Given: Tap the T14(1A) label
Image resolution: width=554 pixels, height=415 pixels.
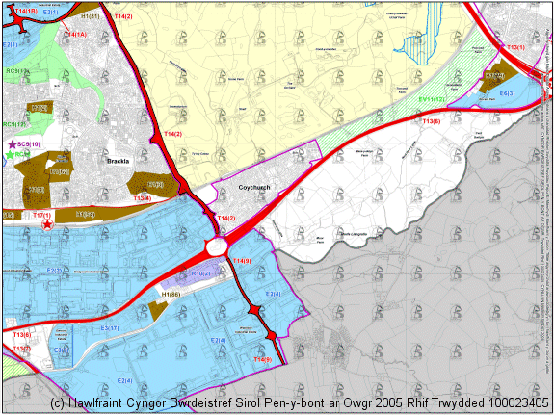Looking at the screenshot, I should pyautogui.click(x=74, y=35).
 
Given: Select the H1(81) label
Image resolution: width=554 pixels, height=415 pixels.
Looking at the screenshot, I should pyautogui.click(x=91, y=16).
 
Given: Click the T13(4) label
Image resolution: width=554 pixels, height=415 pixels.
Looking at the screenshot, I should pyautogui.click(x=141, y=198).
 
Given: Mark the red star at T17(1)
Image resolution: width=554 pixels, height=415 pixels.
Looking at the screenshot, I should pyautogui.click(x=47, y=223).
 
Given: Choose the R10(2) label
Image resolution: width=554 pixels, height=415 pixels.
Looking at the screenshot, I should pyautogui.click(x=201, y=274).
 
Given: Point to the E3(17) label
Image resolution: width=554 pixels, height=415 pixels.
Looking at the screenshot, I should pyautogui.click(x=109, y=328).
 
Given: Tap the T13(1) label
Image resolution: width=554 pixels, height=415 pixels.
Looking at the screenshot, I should pyautogui.click(x=515, y=47).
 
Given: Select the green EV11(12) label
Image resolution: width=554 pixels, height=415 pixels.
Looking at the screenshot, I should pyautogui.click(x=432, y=99).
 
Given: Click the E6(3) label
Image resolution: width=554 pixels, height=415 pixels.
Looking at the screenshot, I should pyautogui.click(x=507, y=93).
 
